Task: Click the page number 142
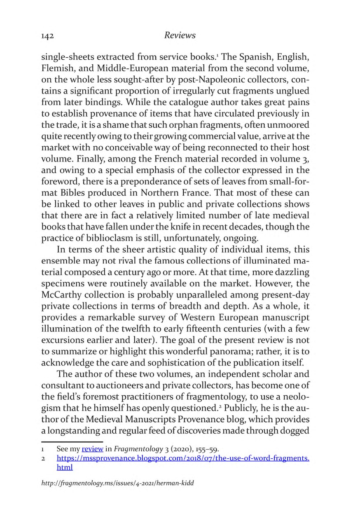(48, 36)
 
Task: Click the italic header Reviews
(180, 35)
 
